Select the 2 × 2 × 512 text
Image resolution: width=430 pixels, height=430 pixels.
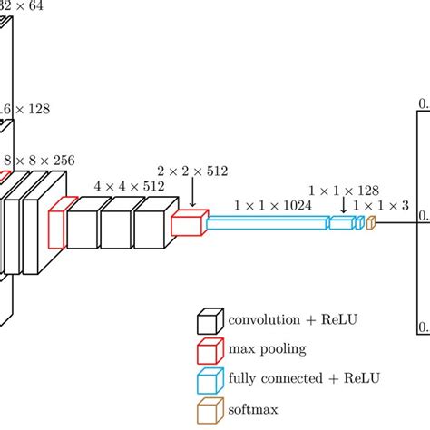(x=191, y=171)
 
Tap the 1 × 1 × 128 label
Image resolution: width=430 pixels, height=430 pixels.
(x=345, y=191)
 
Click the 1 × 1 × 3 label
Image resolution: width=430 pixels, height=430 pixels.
(x=381, y=206)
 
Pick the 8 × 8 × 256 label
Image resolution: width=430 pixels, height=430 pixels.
(x=41, y=160)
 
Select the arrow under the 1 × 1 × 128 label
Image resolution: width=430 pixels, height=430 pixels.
(x=343, y=208)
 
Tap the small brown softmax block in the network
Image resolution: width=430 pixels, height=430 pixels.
(x=370, y=222)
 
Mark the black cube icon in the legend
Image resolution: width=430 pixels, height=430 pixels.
(x=210, y=321)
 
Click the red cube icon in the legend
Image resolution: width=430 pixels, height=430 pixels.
(x=210, y=350)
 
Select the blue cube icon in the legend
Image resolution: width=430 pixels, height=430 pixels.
(x=210, y=379)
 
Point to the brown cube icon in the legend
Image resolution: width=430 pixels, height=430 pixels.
(x=210, y=408)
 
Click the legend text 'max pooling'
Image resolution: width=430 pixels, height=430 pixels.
(x=268, y=349)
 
